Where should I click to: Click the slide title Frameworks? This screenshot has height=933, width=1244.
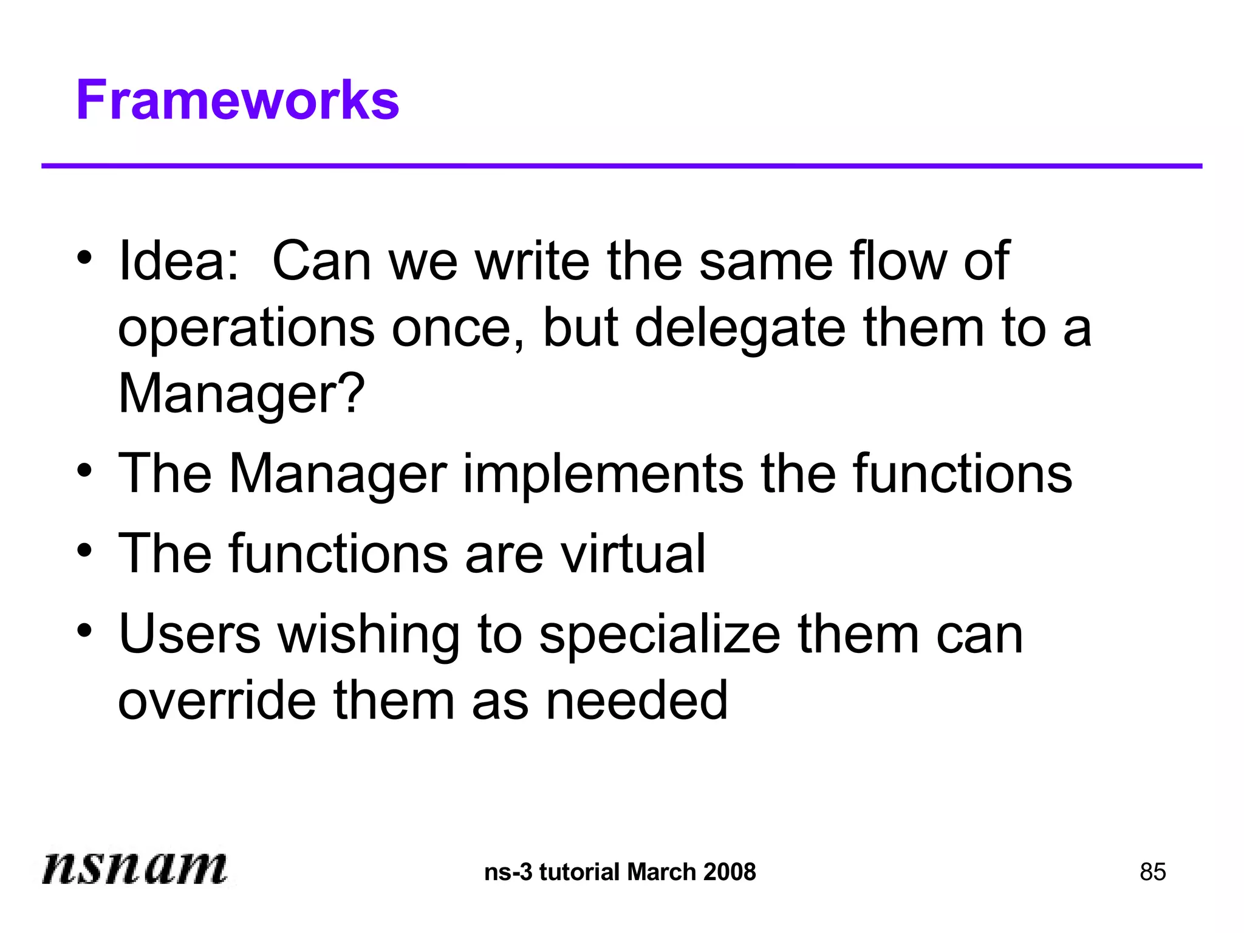[x=238, y=100]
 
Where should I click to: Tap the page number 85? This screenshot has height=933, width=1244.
[x=1152, y=872]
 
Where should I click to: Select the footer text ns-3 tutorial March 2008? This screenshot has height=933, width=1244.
[x=620, y=872]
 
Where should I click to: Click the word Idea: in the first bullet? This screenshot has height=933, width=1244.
[x=179, y=261]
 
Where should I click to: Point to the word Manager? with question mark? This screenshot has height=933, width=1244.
[x=241, y=394]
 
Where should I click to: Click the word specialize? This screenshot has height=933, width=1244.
[x=660, y=635]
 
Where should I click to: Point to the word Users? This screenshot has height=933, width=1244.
[x=190, y=634]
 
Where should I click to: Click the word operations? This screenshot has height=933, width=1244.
[x=246, y=329]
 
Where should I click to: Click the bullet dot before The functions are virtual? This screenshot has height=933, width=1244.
[x=84, y=550]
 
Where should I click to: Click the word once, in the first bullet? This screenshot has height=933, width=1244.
[x=459, y=328]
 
